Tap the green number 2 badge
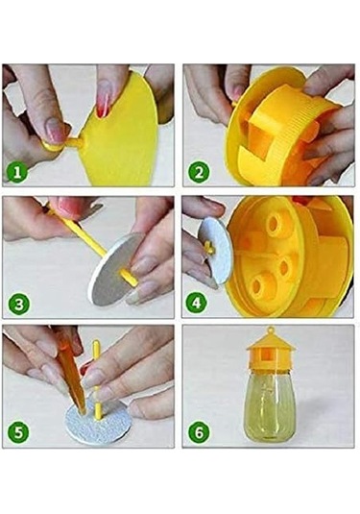pos(199,173)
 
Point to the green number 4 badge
pos(199,304)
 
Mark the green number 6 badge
pos(199,433)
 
